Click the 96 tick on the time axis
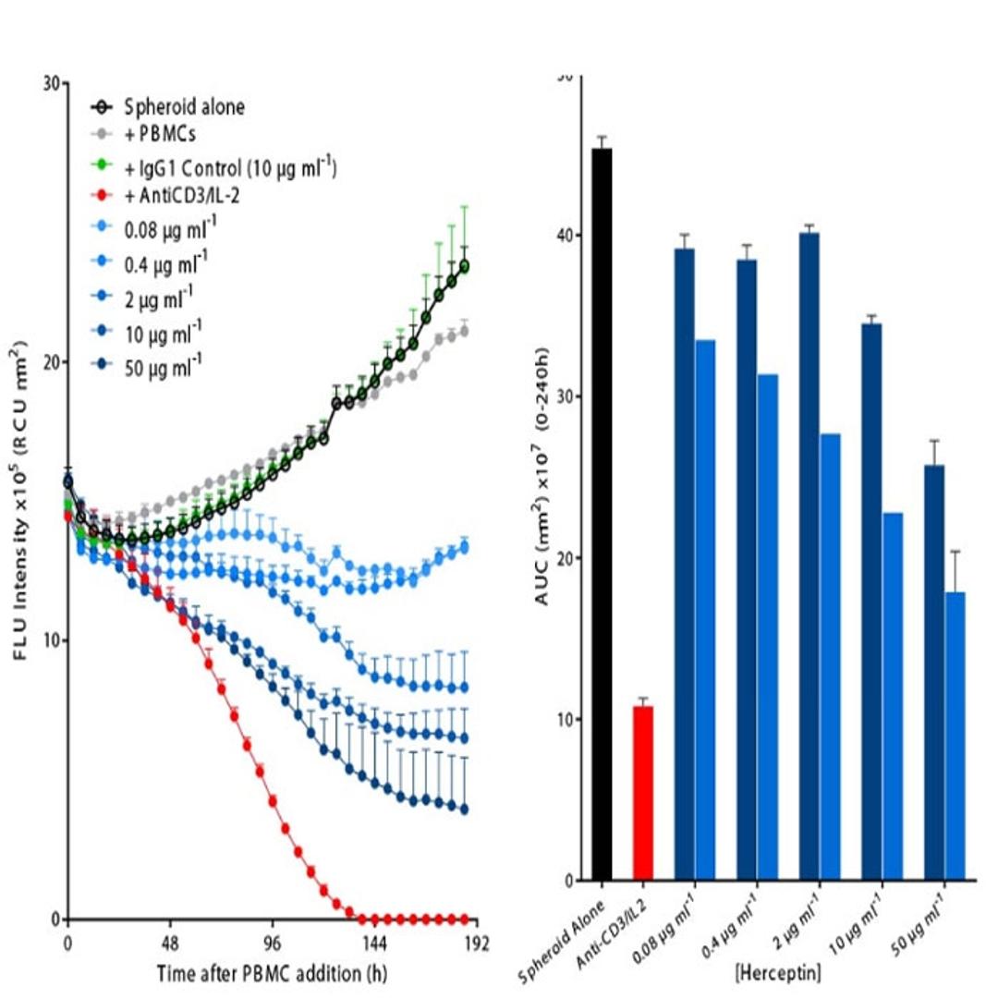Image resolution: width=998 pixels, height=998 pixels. pos(273,944)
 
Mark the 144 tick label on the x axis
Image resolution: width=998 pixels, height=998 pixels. pos(374,944)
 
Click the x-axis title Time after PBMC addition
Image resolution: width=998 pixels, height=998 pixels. pos(271,972)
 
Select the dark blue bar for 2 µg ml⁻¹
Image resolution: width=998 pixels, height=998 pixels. pos(809,555)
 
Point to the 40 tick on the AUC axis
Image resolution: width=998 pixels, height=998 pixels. pos(561,236)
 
